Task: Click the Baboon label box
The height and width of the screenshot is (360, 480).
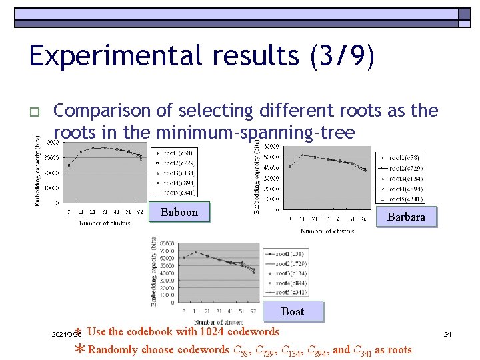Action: coord(179,212)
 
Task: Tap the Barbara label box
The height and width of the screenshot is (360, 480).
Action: coord(405,217)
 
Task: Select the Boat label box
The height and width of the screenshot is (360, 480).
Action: coord(293,311)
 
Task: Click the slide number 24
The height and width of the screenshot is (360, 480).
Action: coord(447,333)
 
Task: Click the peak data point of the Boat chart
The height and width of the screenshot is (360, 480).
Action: coord(195,252)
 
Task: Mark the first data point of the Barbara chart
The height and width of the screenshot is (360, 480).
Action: coord(289,166)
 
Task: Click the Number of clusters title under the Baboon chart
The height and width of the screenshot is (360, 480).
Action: coord(105,223)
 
